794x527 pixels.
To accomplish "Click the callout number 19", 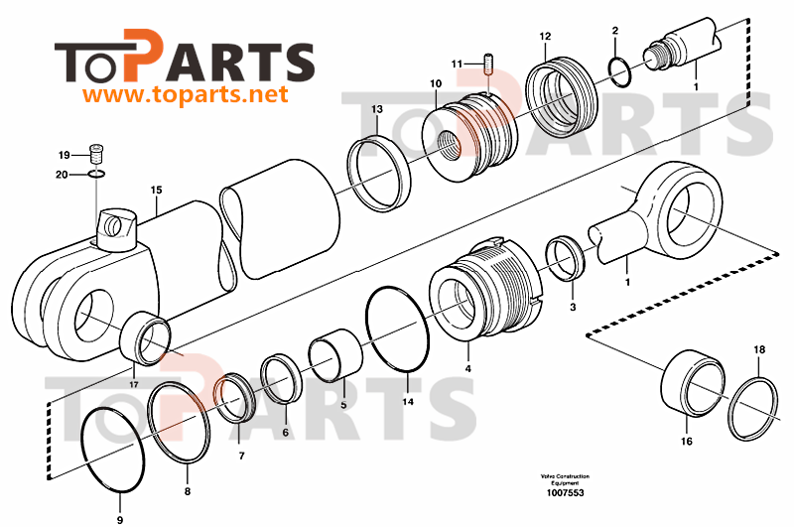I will click(64, 155).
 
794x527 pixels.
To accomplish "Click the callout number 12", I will click(545, 37).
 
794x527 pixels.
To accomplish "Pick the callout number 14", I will click(408, 402).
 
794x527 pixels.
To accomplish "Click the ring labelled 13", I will click(380, 175).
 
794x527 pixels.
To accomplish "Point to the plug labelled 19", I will click(96, 154).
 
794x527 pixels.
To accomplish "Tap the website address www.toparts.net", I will click(185, 96).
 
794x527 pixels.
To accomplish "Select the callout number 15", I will click(156, 190).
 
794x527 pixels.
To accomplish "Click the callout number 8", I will click(188, 491).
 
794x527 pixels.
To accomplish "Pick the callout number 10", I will click(436, 85).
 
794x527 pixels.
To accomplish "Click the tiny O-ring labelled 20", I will click(96, 175).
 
